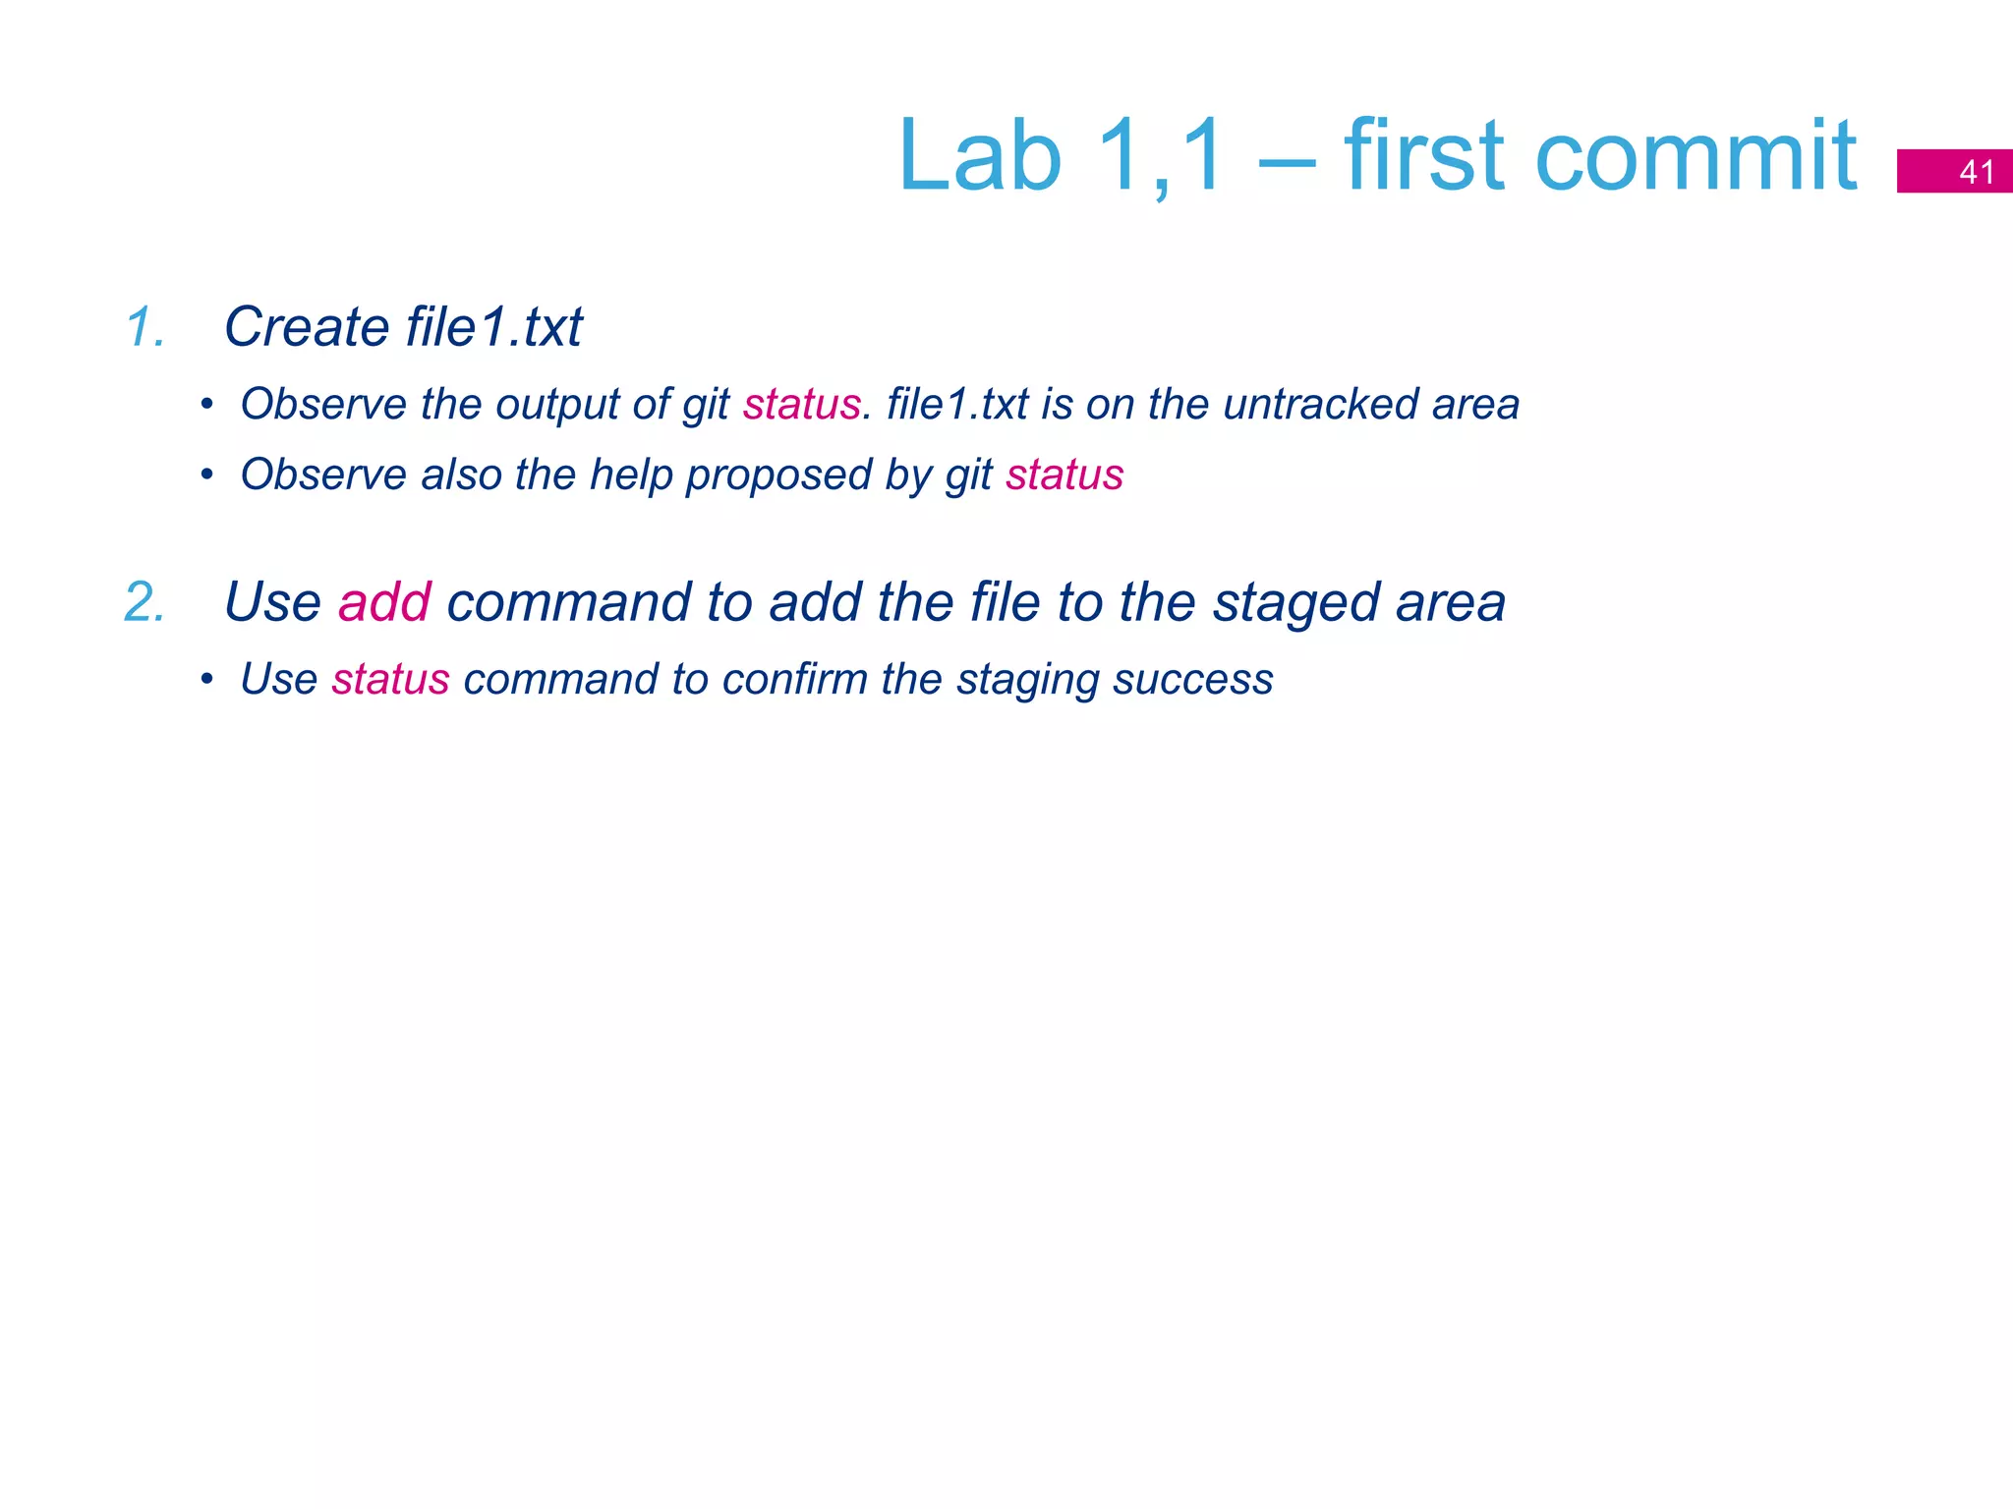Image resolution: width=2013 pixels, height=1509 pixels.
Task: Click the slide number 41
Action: [x=1976, y=172]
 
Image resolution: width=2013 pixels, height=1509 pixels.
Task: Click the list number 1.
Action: [x=144, y=327]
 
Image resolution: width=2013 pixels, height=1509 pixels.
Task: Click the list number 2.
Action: [x=144, y=602]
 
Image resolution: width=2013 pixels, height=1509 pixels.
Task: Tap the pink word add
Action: [x=384, y=602]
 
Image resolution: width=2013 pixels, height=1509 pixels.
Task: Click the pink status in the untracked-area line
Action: [x=801, y=405]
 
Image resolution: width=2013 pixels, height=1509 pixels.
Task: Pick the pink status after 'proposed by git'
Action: [x=1064, y=475]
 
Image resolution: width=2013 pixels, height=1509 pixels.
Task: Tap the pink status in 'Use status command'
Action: [x=390, y=680]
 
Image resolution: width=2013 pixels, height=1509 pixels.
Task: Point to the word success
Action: [x=1192, y=680]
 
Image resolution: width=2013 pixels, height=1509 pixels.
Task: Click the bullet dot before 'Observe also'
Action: [x=206, y=475]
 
